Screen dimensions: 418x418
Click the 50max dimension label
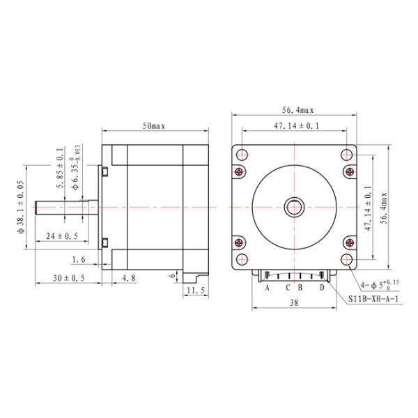[x=154, y=126]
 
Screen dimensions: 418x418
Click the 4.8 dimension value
[x=129, y=278]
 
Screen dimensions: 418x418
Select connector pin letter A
[x=267, y=287]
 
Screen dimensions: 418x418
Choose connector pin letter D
[x=321, y=287]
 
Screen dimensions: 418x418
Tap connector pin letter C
[x=288, y=287]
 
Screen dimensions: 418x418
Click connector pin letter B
[x=300, y=287]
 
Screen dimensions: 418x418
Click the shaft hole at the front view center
[x=294, y=207]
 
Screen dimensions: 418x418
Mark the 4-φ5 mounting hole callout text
[x=380, y=284]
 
